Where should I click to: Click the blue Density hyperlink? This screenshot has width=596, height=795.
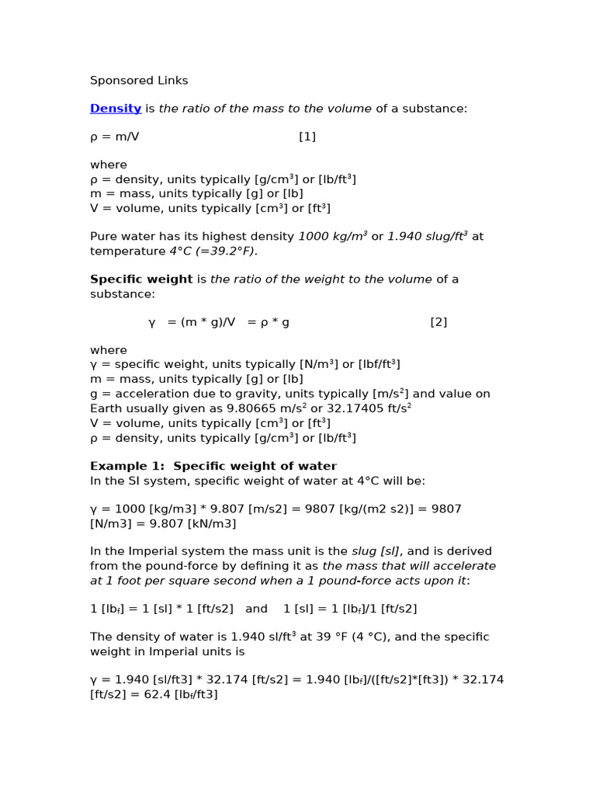(x=116, y=109)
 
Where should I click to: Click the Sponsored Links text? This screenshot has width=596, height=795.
(x=139, y=81)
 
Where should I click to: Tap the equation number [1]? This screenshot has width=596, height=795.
(x=307, y=137)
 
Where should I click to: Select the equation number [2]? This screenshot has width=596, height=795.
(x=438, y=322)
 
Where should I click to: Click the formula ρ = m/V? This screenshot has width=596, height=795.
(x=115, y=137)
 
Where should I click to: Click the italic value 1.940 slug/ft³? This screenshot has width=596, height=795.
(x=428, y=236)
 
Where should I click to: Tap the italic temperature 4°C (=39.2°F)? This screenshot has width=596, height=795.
(x=213, y=251)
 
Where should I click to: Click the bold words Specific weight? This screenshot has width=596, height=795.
(x=141, y=279)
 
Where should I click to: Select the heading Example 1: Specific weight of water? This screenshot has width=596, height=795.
(x=213, y=467)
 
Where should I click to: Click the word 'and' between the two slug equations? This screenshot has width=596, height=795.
(x=256, y=609)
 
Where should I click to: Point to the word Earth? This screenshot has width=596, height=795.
(x=106, y=408)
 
